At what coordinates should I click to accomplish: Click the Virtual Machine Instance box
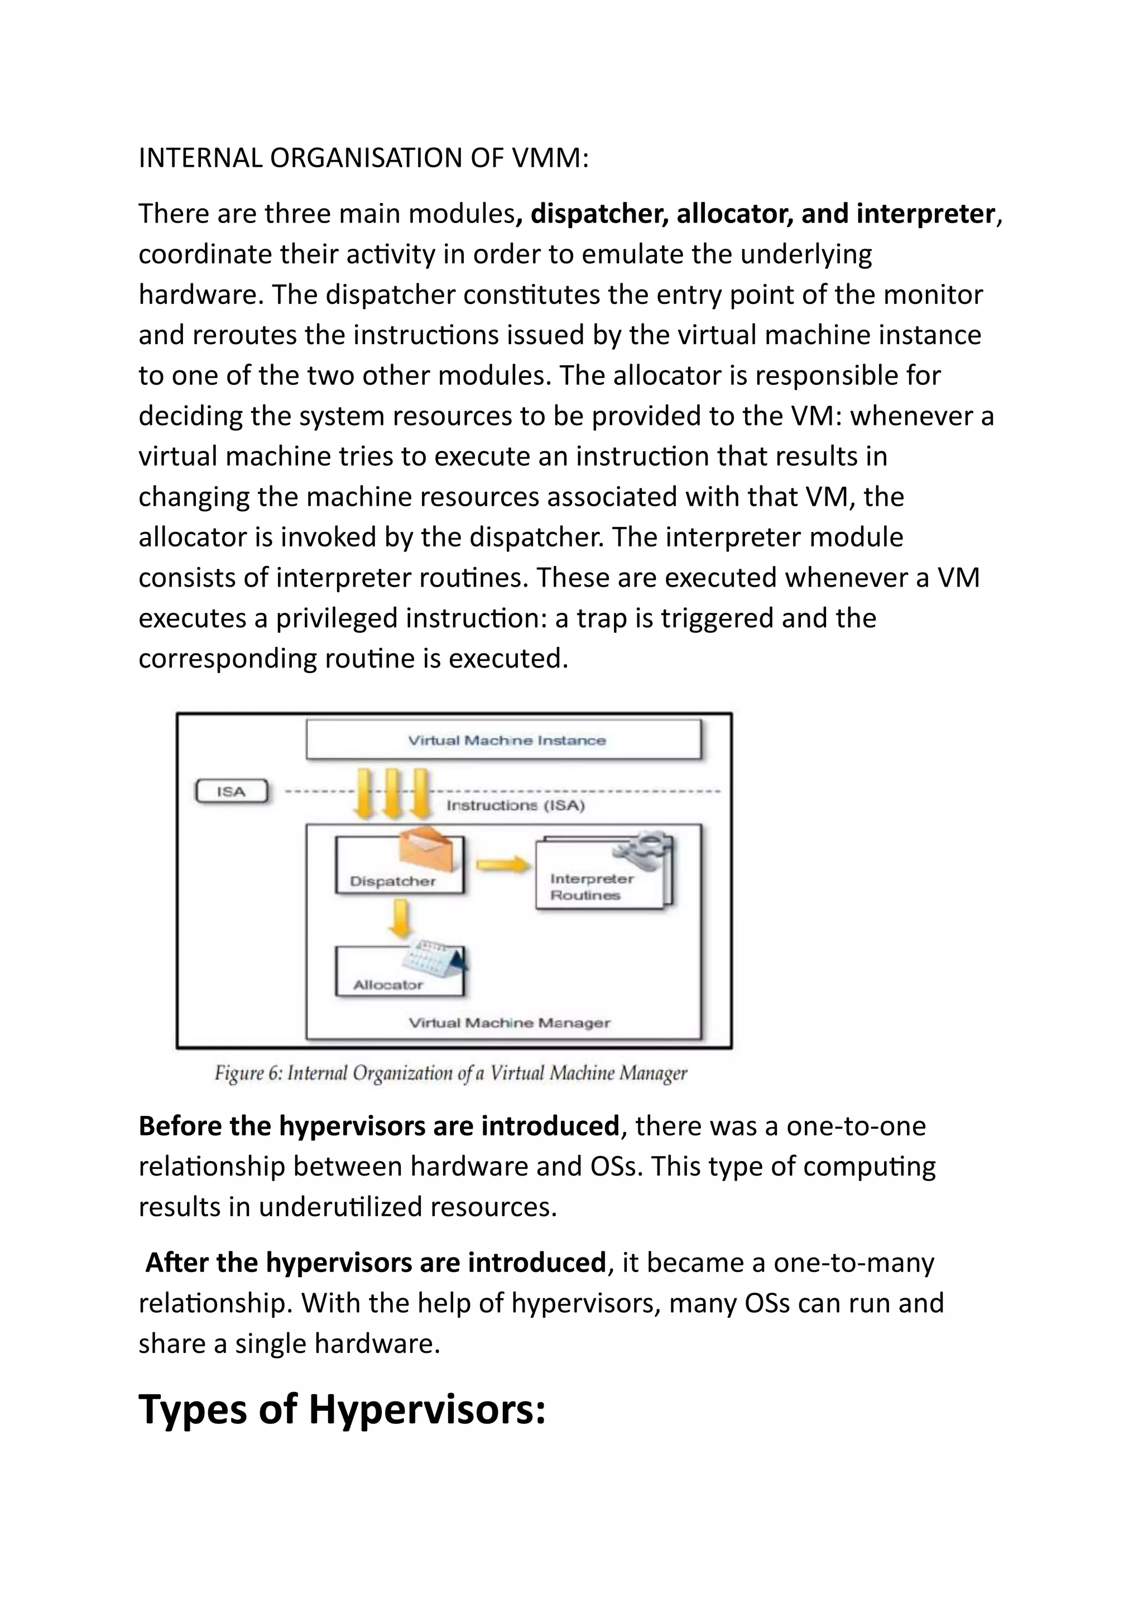click(x=504, y=739)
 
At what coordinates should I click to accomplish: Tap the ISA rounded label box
click(x=232, y=791)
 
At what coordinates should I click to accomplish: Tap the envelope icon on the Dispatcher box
click(x=431, y=851)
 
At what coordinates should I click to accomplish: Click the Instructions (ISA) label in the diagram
click(x=515, y=805)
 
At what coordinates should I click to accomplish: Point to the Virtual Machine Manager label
click(x=510, y=1023)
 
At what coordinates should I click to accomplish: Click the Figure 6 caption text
click(x=450, y=1074)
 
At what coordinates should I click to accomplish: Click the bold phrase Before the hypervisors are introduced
click(x=378, y=1126)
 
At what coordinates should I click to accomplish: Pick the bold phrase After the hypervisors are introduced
click(x=375, y=1263)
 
